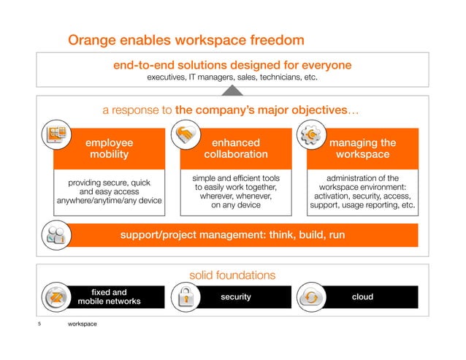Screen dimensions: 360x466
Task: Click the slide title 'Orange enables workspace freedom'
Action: point(186,39)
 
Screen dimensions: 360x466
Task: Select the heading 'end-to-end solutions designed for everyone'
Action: point(232,65)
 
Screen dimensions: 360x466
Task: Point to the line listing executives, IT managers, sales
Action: point(232,77)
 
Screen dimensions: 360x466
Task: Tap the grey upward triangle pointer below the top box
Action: point(232,91)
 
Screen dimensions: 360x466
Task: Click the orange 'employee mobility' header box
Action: point(110,148)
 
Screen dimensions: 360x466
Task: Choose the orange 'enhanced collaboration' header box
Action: point(235,148)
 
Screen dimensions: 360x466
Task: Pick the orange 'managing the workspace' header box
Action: point(362,148)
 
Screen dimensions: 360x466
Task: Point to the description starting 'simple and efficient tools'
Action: point(235,191)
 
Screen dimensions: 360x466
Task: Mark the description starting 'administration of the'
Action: point(362,191)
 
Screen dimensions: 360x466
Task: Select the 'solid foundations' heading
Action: point(232,275)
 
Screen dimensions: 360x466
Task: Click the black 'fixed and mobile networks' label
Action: point(110,296)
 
